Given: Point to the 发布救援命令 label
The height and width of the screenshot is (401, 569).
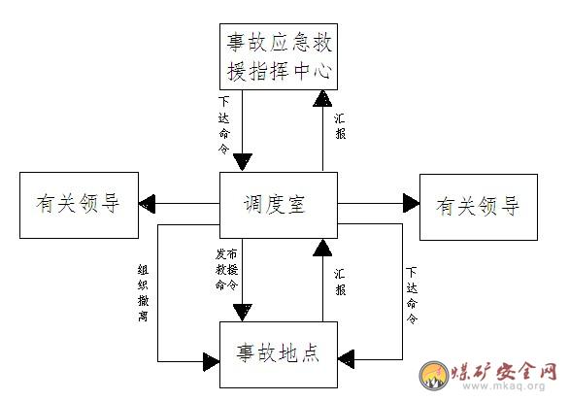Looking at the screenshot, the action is pyautogui.click(x=226, y=269).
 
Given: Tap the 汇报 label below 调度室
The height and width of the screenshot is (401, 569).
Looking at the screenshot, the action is pyautogui.click(x=340, y=282).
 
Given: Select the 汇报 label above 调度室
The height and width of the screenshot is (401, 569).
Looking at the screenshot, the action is pyautogui.click(x=340, y=126).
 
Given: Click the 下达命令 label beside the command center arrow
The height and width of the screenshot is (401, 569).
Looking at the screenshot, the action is pyautogui.click(x=224, y=125).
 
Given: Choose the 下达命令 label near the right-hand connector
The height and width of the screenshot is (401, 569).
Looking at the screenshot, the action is pyautogui.click(x=412, y=295).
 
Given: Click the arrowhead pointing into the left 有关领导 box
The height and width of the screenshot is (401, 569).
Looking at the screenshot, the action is pyautogui.click(x=147, y=204).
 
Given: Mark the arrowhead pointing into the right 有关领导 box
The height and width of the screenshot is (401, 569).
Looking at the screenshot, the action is pyautogui.click(x=411, y=203).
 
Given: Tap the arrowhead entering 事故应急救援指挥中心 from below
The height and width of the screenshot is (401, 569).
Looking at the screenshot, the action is pyautogui.click(x=322, y=98).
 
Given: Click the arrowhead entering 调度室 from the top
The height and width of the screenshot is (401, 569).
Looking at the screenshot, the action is pyautogui.click(x=243, y=162).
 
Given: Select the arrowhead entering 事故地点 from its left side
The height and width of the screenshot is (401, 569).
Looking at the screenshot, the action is pyautogui.click(x=212, y=361).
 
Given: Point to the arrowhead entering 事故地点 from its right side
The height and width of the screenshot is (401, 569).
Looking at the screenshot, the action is pyautogui.click(x=347, y=359).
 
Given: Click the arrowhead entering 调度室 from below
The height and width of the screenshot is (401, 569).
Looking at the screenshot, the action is pyautogui.click(x=322, y=248).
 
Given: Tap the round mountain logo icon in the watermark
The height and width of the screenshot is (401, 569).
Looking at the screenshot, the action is pyautogui.click(x=434, y=376).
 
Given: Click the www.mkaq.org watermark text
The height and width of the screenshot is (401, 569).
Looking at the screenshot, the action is pyautogui.click(x=504, y=385).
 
